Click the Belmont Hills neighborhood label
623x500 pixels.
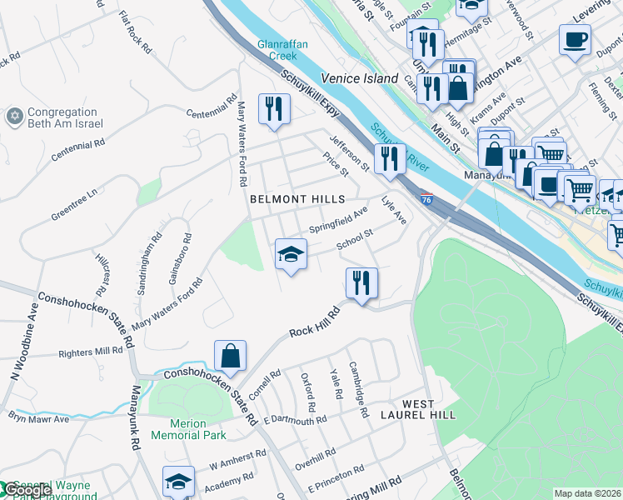pyautogui.click(x=297, y=199)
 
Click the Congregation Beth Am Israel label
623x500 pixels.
pyautogui.click(x=65, y=117)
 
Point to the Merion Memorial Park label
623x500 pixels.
pyautogui.click(x=189, y=429)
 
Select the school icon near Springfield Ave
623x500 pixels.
pyautogui.click(x=292, y=253)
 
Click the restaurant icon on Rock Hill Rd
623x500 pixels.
pyautogui.click(x=361, y=282)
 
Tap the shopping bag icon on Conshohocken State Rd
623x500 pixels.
pyautogui.click(x=231, y=356)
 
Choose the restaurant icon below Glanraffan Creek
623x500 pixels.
pyautogui.click(x=273, y=107)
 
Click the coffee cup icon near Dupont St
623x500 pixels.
pyautogui.click(x=575, y=38)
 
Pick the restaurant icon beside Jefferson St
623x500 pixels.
pyautogui.click(x=389, y=157)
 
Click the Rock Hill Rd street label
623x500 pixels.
pyautogui.click(x=316, y=322)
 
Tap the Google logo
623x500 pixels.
pyautogui.click(x=27, y=491)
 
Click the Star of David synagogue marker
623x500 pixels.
pyautogui.click(x=13, y=117)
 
